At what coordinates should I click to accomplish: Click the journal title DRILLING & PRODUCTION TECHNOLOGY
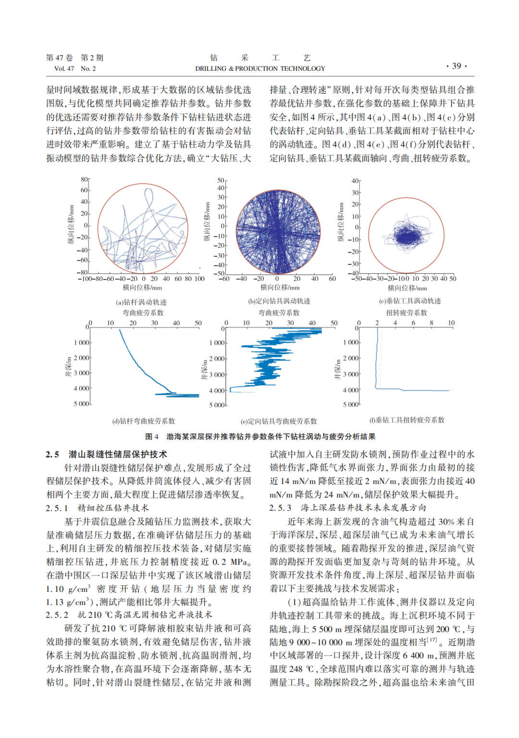pos(260,69)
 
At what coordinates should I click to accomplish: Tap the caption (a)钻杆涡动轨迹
pos(141,302)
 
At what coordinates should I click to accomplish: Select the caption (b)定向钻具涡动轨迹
pos(279,301)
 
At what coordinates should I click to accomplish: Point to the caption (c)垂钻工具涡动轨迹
pos(410,301)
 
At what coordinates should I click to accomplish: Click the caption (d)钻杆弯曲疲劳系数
pos(144,421)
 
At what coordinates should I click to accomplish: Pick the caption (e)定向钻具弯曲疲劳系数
pos(279,421)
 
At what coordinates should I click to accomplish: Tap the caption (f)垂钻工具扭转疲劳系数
pos(407,420)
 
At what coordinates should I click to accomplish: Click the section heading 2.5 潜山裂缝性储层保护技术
pos(107,454)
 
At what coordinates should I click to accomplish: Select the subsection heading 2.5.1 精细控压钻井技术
pos(97,508)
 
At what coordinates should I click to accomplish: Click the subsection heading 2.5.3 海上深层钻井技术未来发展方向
pos(347,508)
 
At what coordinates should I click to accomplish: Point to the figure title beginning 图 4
pos(260,437)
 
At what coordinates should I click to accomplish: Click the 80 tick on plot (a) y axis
pos(85,180)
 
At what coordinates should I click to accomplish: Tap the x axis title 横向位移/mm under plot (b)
pos(280,288)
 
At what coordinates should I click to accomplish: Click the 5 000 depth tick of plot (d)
pos(82,404)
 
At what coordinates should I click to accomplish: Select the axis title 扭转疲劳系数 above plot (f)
pos(407,313)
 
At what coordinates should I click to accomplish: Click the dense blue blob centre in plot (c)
pos(407,236)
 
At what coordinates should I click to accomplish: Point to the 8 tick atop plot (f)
pos(432,323)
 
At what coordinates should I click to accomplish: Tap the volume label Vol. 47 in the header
pos(64,69)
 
